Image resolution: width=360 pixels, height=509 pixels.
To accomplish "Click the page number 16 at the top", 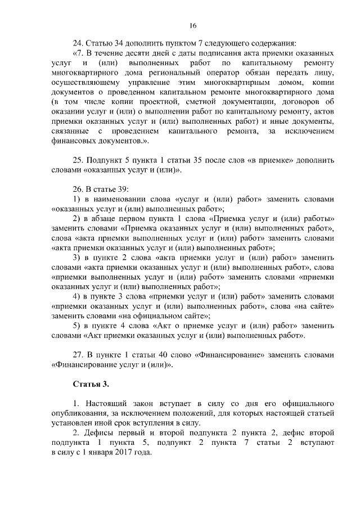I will tap(192, 25).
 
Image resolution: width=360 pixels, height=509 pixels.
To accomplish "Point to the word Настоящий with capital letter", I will tap(110, 404).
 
